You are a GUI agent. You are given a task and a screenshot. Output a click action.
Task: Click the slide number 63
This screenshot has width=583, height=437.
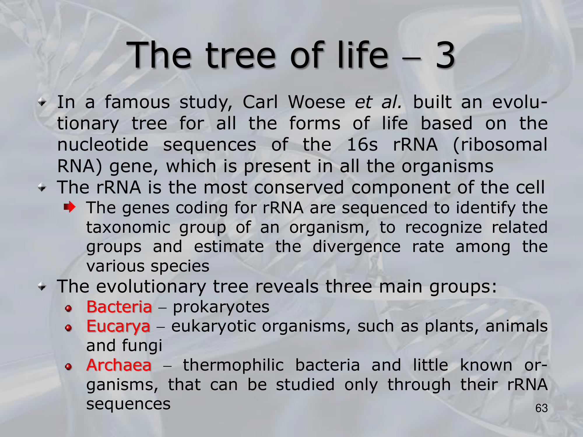(542, 408)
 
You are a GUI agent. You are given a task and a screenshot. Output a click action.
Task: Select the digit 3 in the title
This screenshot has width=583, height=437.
(445, 55)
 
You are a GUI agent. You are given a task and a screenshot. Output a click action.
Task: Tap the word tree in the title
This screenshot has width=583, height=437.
(240, 56)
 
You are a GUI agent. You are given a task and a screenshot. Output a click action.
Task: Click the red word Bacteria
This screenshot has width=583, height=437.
(119, 307)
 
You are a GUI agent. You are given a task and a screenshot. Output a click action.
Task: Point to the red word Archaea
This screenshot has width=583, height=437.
(119, 365)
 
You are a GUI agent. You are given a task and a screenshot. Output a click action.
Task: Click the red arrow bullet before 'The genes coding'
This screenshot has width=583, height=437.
(70, 207)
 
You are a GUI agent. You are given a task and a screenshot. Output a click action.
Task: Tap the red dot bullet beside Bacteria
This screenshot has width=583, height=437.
(69, 308)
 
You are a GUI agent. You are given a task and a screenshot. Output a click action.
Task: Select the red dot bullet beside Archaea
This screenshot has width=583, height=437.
(69, 366)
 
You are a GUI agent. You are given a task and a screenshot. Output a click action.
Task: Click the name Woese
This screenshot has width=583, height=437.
(317, 102)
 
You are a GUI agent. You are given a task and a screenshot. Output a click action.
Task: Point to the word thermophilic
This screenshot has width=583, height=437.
(233, 366)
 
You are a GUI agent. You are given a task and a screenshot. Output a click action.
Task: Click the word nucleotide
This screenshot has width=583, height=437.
(103, 145)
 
